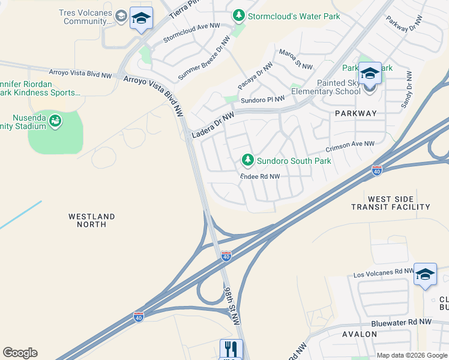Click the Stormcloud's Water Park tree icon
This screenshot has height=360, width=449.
[x=239, y=16]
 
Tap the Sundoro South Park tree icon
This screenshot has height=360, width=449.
[x=247, y=160]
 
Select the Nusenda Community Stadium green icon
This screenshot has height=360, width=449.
[x=55, y=122]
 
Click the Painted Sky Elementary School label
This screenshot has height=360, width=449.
[x=326, y=87]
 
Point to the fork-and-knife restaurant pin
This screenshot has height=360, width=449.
[x=231, y=349]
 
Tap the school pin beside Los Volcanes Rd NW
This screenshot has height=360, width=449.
[x=425, y=274]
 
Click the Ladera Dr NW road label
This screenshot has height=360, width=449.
[x=213, y=127]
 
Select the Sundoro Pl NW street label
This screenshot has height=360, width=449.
[x=263, y=100]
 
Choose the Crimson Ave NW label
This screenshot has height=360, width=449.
[x=350, y=146]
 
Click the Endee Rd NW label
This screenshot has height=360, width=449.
[x=260, y=176]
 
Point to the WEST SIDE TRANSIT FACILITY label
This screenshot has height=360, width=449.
[x=391, y=203]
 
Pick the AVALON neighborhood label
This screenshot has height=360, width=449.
[x=359, y=334]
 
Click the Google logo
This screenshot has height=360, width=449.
[x=20, y=353]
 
